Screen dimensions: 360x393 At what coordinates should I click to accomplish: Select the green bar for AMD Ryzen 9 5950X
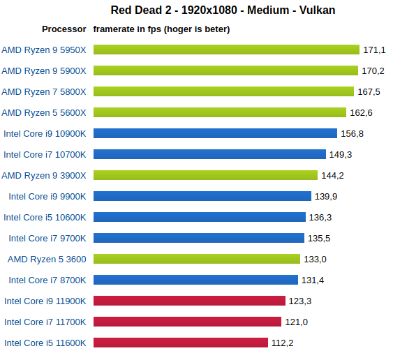(x=226, y=50)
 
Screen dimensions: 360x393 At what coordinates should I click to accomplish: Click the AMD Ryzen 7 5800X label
(x=44, y=91)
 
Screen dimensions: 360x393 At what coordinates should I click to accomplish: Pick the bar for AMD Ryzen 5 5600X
(x=220, y=112)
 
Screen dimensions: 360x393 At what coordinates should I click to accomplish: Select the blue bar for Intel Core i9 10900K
(x=215, y=133)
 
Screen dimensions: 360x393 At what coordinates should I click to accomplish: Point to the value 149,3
(x=340, y=154)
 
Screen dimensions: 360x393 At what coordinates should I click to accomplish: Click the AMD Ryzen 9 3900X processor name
(x=44, y=175)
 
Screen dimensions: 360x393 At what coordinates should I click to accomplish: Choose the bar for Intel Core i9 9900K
(x=202, y=196)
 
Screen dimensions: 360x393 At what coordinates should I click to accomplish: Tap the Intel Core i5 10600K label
(x=45, y=217)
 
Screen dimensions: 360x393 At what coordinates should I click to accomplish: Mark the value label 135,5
(x=319, y=238)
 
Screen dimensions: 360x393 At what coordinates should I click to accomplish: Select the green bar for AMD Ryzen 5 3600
(x=197, y=259)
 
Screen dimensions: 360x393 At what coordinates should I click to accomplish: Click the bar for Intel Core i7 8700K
(x=195, y=280)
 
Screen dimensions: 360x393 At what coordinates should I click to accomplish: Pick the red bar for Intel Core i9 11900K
(x=189, y=301)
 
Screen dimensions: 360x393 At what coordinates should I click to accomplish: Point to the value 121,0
(x=296, y=322)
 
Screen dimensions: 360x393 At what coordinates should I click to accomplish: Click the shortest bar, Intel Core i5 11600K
(x=181, y=343)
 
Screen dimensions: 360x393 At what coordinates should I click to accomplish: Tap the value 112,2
(x=282, y=343)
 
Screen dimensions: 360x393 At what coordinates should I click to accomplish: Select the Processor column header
(x=64, y=29)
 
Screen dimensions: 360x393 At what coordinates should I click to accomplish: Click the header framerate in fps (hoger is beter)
(x=162, y=29)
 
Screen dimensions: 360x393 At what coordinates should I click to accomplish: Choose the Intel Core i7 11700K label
(x=45, y=322)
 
